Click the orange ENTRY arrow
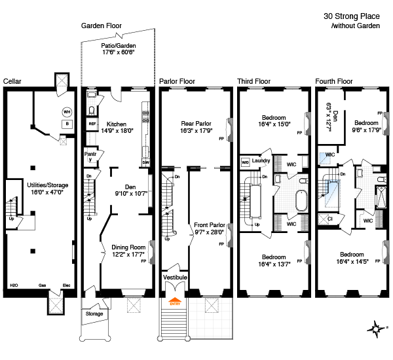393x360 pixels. tap(175, 301)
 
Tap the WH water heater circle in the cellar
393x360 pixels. tap(67, 112)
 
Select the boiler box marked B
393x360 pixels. tap(67, 124)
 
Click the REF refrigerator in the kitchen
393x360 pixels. tap(92, 124)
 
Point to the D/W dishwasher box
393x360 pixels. tap(146, 162)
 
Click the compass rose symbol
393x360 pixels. tap(377, 329)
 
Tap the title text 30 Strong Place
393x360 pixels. tap(352, 16)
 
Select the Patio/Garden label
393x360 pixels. tap(119, 46)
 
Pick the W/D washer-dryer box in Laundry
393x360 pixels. tap(245, 162)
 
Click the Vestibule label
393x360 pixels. tap(175, 278)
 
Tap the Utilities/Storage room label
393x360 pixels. tap(48, 185)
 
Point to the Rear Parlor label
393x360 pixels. tap(196, 124)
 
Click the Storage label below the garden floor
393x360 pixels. tap(94, 314)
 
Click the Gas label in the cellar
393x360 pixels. tap(42, 285)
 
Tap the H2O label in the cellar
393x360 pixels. tap(14, 285)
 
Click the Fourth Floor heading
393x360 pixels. tap(334, 81)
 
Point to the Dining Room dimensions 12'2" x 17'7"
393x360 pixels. tap(128, 255)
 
